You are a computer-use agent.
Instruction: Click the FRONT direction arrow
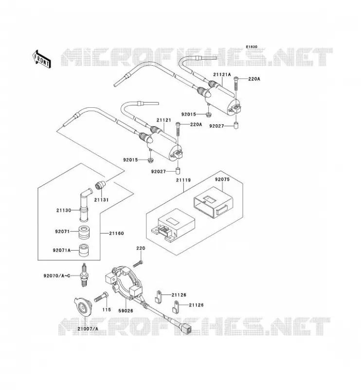42,59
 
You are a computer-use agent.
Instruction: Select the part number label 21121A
222,75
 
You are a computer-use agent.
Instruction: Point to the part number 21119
183,180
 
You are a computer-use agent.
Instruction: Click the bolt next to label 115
101,296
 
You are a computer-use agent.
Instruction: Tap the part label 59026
126,311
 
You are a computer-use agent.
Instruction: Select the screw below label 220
138,264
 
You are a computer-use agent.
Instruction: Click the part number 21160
116,234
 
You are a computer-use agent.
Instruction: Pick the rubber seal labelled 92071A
84,250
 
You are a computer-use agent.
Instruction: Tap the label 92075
222,179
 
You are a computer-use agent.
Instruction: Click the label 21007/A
88,329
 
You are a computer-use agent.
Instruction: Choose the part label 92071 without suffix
62,231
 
